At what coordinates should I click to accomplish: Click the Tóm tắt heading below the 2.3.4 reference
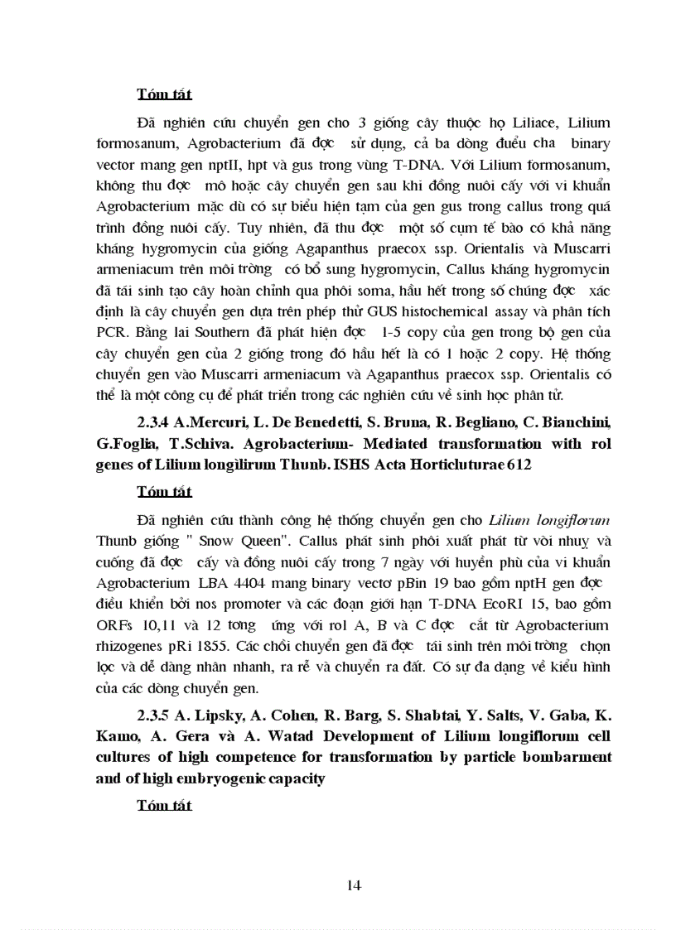(x=164, y=492)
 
